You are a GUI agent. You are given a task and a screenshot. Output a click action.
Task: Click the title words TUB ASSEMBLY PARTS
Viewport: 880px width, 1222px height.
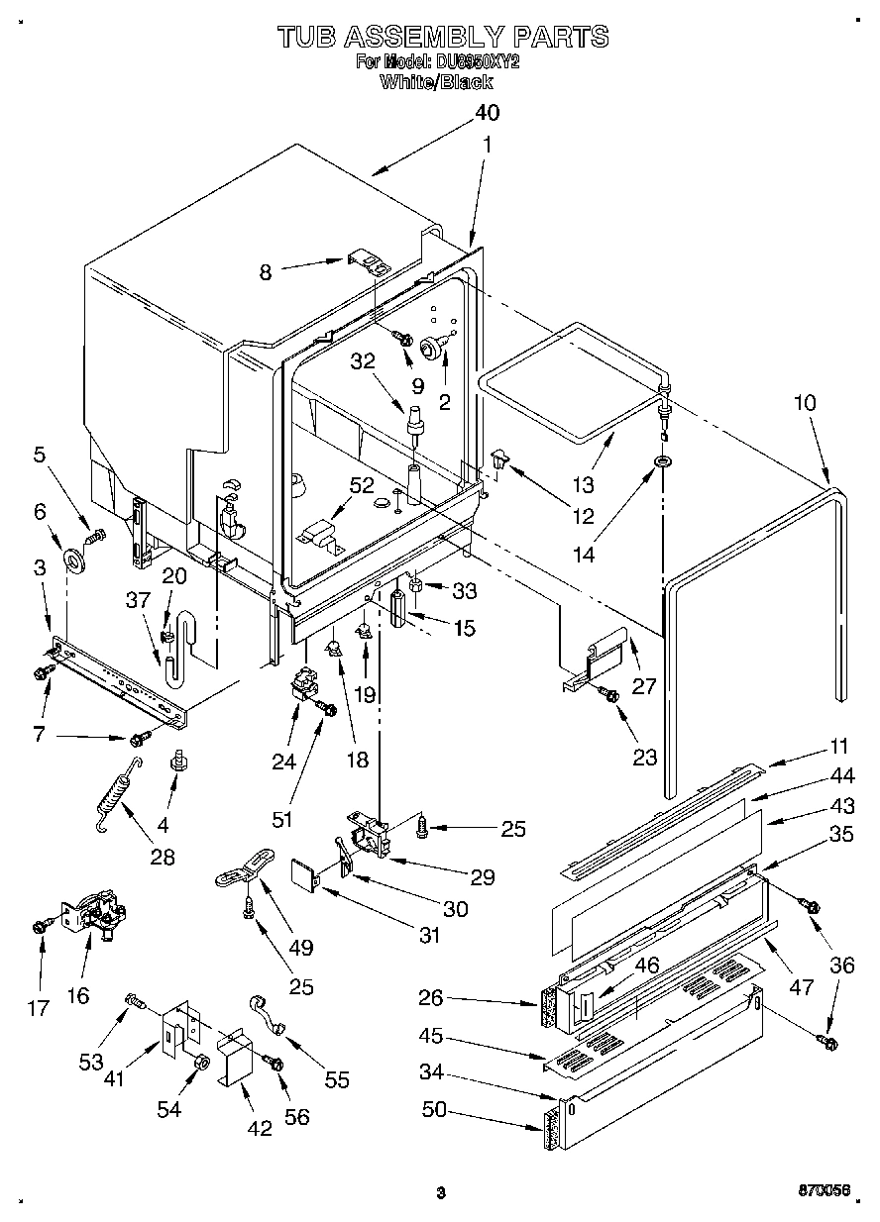click(442, 37)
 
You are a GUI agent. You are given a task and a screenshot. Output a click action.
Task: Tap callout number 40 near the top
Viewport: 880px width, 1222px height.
click(486, 112)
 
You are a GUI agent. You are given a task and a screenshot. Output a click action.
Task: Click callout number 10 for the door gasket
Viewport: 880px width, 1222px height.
click(805, 402)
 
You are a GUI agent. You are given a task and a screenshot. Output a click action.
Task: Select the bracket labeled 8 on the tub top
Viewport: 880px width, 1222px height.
click(368, 263)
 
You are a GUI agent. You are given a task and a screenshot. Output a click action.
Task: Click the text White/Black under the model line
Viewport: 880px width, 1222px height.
click(436, 83)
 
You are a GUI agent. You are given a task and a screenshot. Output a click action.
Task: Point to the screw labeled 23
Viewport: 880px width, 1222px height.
click(611, 696)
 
